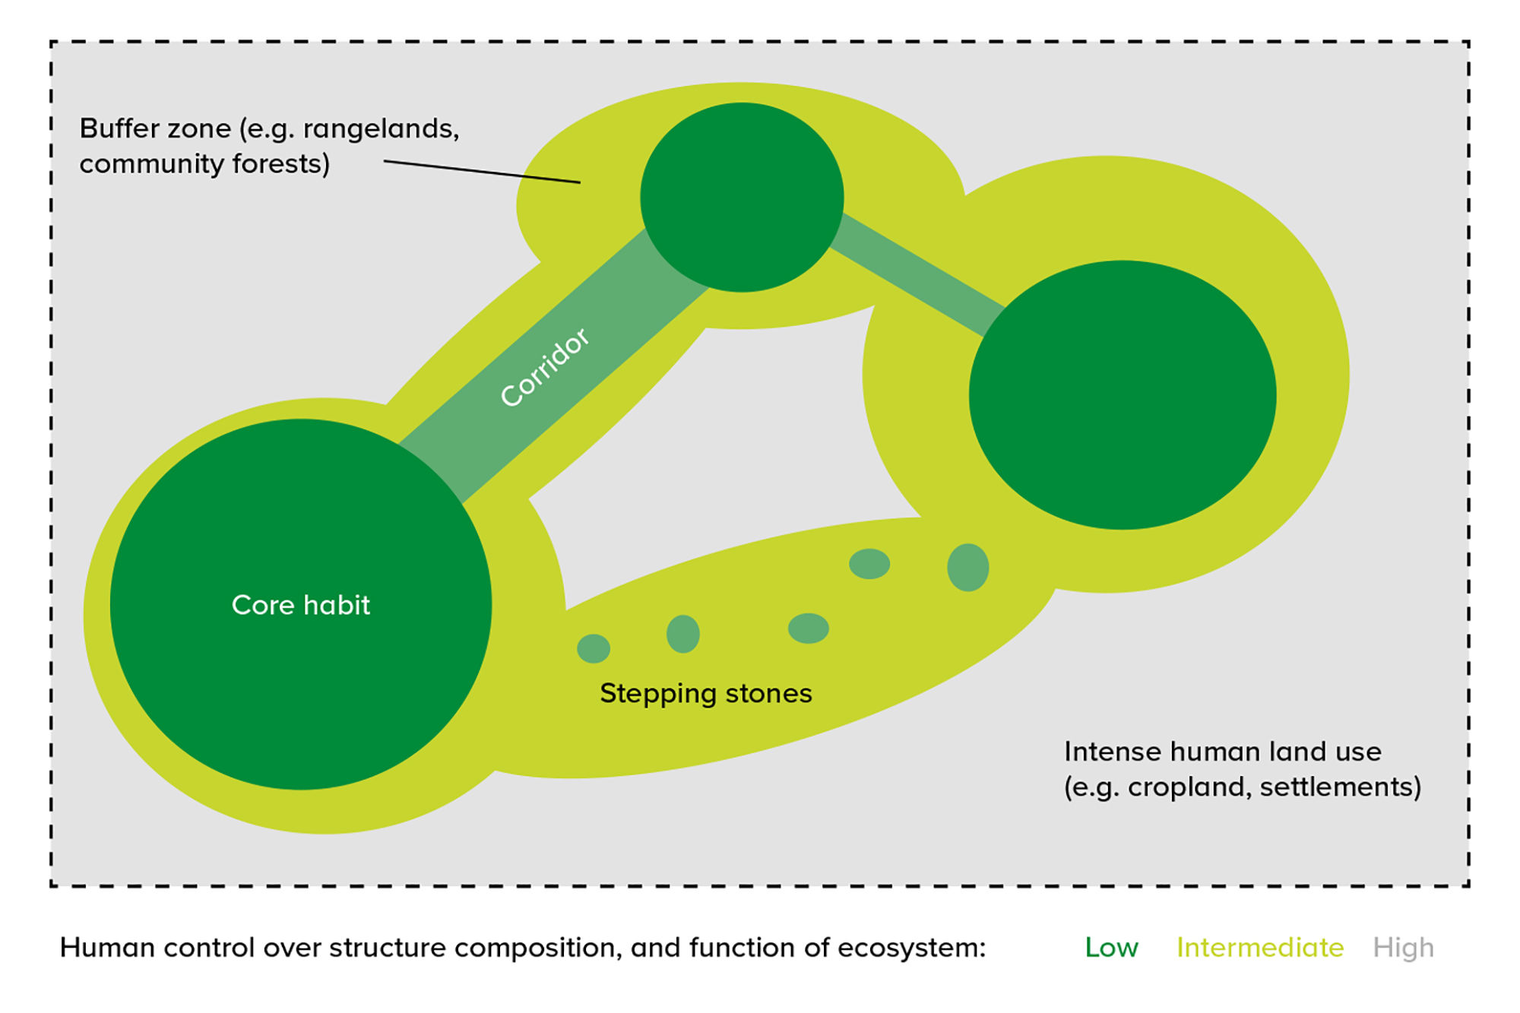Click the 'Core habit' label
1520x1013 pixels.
pos(300,605)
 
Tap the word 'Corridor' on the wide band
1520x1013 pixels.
pos(544,368)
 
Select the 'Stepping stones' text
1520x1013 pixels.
pos(705,693)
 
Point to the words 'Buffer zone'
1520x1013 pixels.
pos(155,128)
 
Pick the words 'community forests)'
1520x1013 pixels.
pos(204,163)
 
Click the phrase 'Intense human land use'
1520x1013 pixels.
pos(1222,752)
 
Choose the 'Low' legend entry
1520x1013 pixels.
pos(1111,948)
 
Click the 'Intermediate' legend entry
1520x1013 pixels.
pos(1260,948)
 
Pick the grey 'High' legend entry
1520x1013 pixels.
pos(1403,948)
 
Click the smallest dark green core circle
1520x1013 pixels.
pos(742,197)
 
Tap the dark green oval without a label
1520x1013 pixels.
pos(1122,394)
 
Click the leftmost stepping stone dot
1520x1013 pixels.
pos(594,648)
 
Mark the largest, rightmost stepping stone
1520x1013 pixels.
pos(967,567)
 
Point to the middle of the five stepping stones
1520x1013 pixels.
pos(808,628)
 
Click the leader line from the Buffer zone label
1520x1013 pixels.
pos(482,172)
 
